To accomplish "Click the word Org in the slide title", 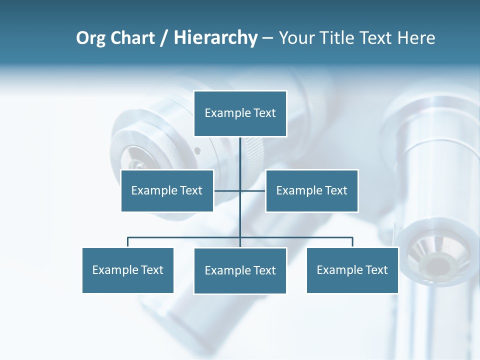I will coord(91,38).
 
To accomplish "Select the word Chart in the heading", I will coord(131,38).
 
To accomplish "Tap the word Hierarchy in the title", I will coord(215,38).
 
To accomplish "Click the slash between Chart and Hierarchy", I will coord(163,38).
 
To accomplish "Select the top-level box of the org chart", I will coord(240,113).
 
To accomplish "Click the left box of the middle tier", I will coord(167,190).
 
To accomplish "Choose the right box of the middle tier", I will coord(311,190).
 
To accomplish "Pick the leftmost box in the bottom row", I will coord(127,270).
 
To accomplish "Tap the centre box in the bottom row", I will coord(240,270).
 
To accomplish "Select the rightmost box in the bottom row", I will coord(352,270).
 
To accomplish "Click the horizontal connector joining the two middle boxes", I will coord(252,190).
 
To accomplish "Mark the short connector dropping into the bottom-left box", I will coord(127,242).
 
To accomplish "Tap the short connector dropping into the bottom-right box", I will coord(352,242).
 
